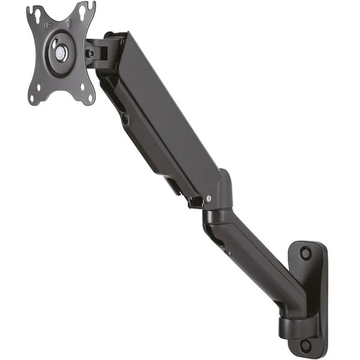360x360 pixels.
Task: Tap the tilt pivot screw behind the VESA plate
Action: [91, 53]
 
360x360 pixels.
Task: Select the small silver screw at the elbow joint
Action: [210, 198]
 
